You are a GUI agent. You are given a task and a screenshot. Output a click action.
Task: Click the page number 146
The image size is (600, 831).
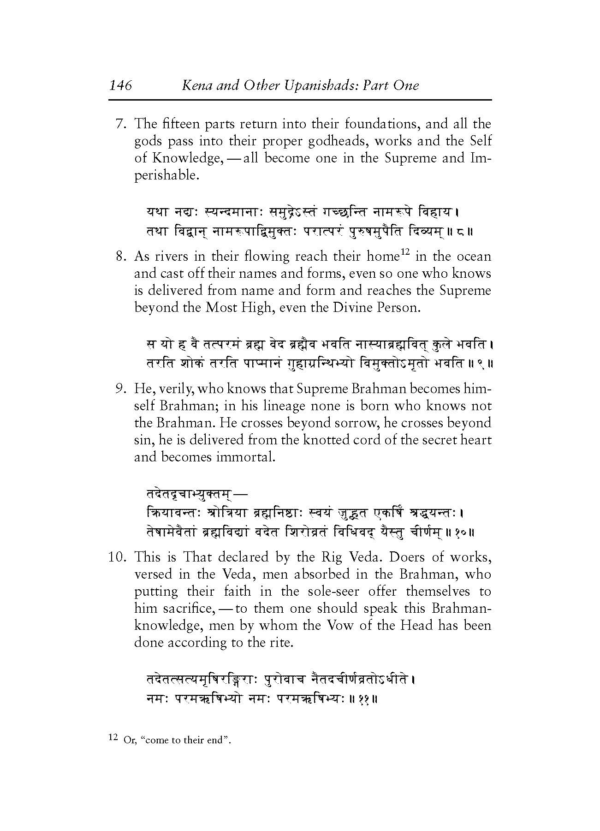[x=120, y=85]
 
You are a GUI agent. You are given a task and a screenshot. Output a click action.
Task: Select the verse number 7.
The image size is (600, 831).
[x=120, y=124]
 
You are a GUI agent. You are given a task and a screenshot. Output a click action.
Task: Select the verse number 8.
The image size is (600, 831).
[x=120, y=257]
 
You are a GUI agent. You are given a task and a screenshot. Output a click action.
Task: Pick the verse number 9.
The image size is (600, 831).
[x=120, y=389]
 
